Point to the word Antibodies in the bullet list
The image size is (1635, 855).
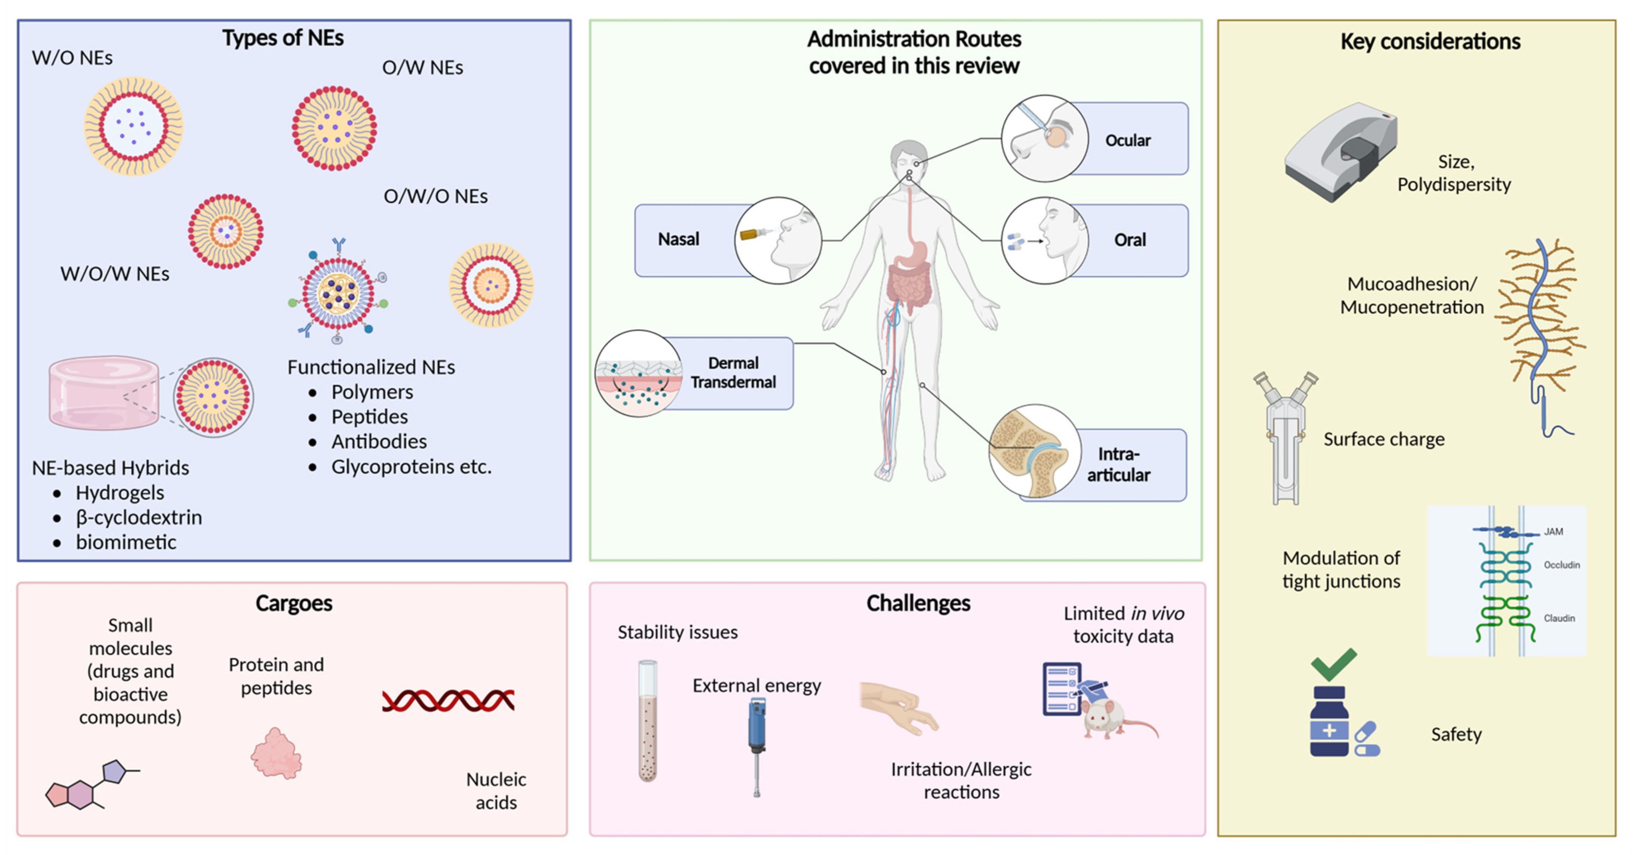(x=379, y=441)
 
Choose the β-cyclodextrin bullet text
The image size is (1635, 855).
(x=139, y=517)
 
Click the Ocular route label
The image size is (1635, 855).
(x=1127, y=140)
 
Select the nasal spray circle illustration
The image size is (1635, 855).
(x=778, y=240)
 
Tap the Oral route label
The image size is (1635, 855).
(x=1130, y=240)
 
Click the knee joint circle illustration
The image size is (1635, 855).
(x=1035, y=451)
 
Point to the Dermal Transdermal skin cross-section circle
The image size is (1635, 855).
(x=639, y=373)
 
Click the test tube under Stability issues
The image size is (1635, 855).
(x=647, y=720)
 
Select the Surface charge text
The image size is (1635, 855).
(x=1383, y=439)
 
